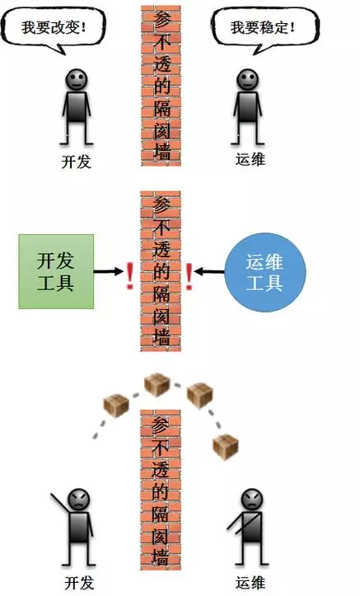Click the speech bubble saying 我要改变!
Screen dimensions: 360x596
pos(54,27)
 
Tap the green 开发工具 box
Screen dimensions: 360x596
pos(56,271)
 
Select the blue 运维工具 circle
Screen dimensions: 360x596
pos(265,272)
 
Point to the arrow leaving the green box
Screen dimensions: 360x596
pos(109,271)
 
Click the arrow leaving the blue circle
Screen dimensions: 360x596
pos(209,272)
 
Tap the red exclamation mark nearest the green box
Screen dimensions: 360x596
pos(130,276)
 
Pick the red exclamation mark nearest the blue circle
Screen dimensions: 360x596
pos(189,276)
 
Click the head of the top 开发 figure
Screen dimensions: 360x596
pos(77,79)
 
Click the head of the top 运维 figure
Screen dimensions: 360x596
pos(248,79)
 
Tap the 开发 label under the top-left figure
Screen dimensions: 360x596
pos(77,162)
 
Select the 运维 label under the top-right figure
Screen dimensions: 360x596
pos(250,159)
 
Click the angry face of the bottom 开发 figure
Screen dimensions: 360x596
pos(78,500)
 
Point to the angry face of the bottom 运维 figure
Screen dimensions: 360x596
pos(252,500)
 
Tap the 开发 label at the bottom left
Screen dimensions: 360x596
pos(79,583)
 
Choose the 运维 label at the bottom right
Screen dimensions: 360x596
pos(250,583)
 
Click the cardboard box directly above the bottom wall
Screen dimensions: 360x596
pos(157,385)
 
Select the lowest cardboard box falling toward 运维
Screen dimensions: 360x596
pos(226,447)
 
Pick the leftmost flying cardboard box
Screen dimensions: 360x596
pos(116,406)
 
